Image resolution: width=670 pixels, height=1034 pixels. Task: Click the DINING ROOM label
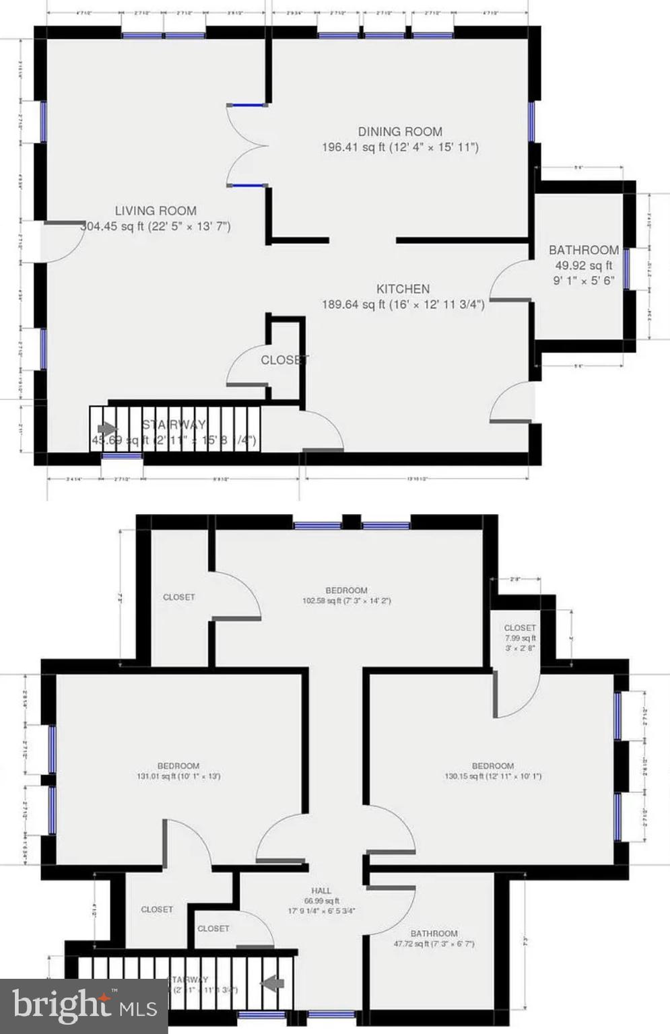400,132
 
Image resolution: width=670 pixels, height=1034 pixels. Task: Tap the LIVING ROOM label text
156,211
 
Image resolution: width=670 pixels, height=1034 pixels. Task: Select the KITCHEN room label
403,289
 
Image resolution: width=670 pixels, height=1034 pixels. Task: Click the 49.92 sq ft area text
583,266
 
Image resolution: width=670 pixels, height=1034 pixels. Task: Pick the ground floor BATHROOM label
583,250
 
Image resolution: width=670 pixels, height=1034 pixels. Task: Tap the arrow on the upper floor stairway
272,984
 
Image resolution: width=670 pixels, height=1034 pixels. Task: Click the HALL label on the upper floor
321,891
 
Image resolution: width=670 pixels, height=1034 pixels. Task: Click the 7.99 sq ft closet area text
520,638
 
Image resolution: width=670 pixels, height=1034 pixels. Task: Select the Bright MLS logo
83,1006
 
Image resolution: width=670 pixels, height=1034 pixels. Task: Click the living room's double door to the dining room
248,145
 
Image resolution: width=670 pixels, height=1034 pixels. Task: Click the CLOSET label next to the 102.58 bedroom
179,597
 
